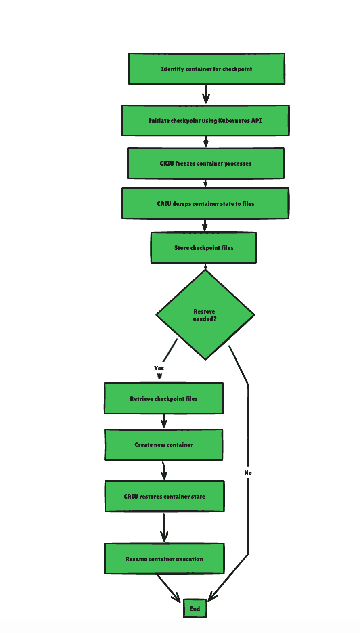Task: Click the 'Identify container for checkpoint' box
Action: (206, 69)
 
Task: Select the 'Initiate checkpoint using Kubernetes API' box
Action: (205, 121)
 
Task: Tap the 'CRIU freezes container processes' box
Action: (205, 163)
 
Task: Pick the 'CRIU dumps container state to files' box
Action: (205, 204)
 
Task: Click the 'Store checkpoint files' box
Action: (203, 248)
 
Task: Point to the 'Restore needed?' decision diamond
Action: (205, 315)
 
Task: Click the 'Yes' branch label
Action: (159, 368)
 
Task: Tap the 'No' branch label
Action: (248, 472)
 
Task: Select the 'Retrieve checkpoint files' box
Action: (163, 399)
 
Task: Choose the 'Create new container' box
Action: (163, 445)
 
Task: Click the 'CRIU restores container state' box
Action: (164, 497)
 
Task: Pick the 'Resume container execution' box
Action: (164, 559)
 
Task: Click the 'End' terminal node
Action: (195, 609)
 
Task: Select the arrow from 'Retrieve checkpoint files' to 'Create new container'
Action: (164, 421)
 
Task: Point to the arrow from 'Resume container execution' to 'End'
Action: (169, 588)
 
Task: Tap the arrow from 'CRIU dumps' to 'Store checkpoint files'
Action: (205, 225)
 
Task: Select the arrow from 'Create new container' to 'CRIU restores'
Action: (164, 471)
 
